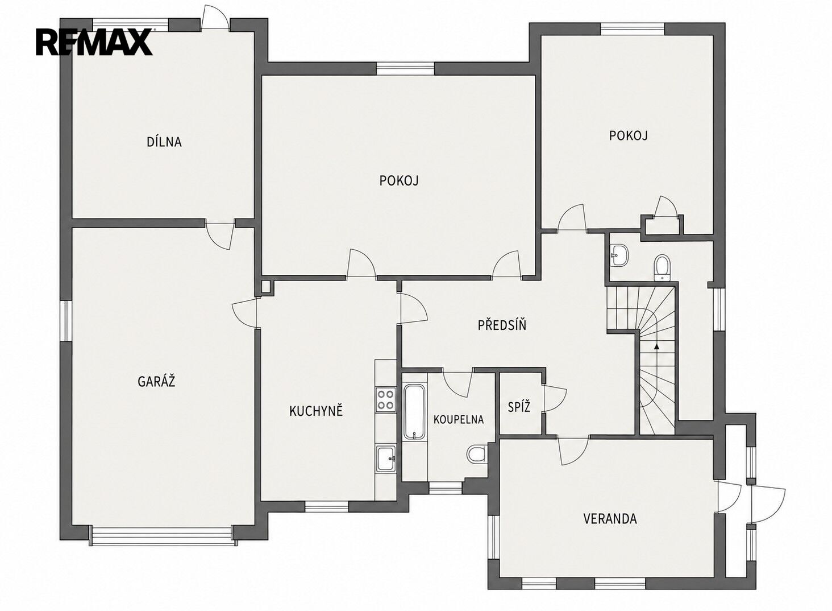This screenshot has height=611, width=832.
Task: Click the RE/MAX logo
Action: coord(94,42)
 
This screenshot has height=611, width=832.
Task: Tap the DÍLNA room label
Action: coord(164,142)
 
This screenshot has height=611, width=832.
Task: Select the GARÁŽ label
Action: coord(156,382)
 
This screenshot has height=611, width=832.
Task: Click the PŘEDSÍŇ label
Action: coord(502,325)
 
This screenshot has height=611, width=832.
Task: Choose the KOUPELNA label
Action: coord(459,419)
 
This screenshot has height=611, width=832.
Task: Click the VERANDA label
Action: coord(610,518)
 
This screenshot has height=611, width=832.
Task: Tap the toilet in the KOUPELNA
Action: coord(477,454)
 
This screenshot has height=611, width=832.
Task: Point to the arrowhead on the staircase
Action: coord(657,346)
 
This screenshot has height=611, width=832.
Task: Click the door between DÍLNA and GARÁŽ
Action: coord(220,236)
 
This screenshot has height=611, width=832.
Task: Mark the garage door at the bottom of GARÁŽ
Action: coord(164,538)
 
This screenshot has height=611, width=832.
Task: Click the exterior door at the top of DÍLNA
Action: coord(215,18)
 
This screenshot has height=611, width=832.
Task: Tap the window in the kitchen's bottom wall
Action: coord(327,506)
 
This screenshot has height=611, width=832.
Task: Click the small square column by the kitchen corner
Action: coord(265,287)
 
